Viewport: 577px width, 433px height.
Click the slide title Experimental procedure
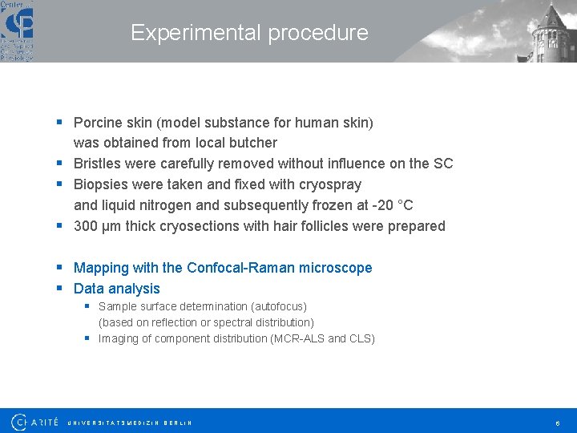(x=249, y=33)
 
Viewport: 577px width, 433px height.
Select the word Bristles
(x=99, y=164)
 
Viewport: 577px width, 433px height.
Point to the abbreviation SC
(x=443, y=164)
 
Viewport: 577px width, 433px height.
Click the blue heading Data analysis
(x=117, y=289)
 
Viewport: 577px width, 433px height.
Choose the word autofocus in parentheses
(x=276, y=306)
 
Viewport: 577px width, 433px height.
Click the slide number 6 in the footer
(x=556, y=422)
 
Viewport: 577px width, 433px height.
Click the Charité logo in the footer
(x=35, y=421)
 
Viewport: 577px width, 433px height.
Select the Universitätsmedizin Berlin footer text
(x=129, y=422)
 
